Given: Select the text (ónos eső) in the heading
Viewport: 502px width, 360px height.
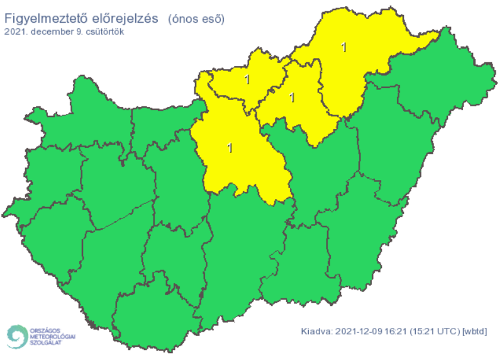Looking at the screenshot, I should [196, 19].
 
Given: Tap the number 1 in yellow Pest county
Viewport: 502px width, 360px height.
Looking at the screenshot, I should [230, 149].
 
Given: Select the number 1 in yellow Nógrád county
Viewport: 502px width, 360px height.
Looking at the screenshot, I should [247, 79].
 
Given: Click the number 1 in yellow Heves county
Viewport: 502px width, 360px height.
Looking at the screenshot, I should [291, 98].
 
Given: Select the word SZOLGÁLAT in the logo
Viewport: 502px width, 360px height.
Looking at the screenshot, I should [47, 344].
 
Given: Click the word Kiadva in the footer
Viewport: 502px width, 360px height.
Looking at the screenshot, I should [316, 331].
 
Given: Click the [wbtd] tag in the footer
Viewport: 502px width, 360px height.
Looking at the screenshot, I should [475, 331].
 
